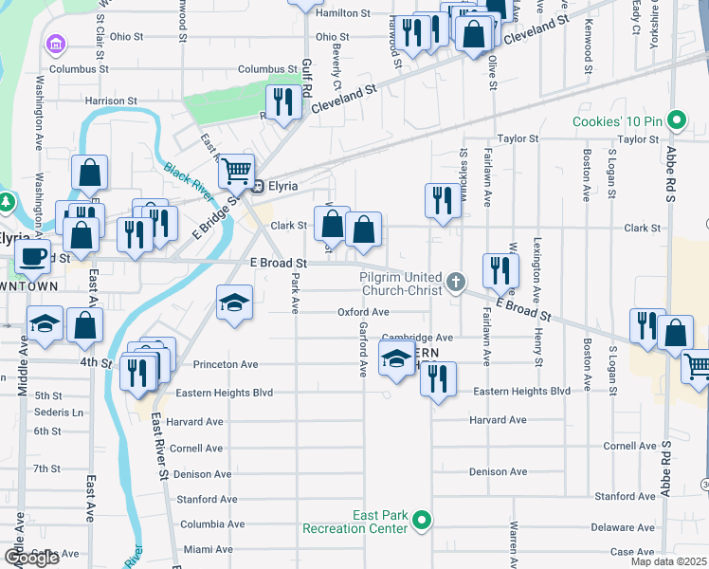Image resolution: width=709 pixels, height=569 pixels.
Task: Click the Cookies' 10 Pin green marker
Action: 676,120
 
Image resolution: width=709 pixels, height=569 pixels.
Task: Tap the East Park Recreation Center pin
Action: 424,519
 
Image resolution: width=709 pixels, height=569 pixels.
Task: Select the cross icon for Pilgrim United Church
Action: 456,281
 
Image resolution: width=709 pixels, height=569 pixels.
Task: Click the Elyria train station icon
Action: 254,187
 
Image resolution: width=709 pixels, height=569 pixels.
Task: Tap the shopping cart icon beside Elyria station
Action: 236,172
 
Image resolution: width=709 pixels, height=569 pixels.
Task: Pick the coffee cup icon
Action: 33,256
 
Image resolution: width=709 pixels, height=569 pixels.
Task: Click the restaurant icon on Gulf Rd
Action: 282,101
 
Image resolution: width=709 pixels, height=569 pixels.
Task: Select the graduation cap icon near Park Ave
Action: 234,303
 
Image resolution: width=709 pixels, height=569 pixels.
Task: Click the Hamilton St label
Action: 342,13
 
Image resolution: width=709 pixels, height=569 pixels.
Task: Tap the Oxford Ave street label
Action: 364,312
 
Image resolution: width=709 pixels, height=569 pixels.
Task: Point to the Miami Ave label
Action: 207,549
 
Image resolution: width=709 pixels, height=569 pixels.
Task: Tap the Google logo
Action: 31,558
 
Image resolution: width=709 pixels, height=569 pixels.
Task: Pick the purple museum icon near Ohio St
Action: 55,44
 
